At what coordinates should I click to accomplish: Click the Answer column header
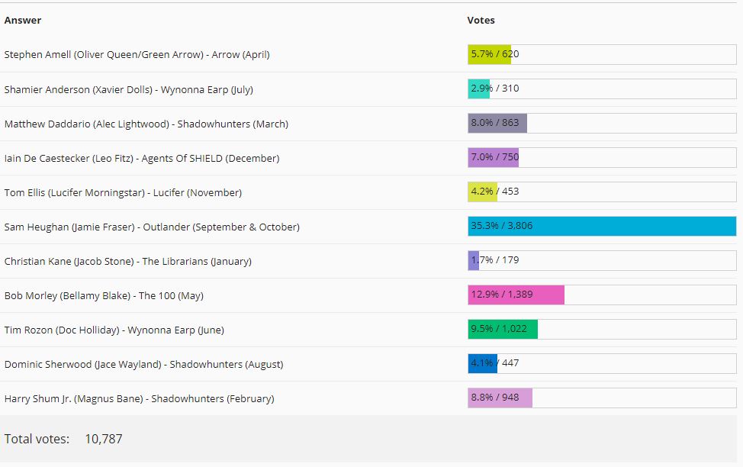tap(23, 21)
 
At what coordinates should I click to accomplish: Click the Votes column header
tap(481, 21)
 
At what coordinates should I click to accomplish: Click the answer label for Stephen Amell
tap(137, 55)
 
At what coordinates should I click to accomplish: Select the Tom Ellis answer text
tap(123, 192)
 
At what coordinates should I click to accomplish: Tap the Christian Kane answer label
tap(127, 261)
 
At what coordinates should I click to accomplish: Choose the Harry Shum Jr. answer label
tap(139, 398)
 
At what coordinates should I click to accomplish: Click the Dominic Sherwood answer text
tap(143, 364)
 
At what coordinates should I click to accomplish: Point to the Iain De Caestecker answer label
tap(142, 158)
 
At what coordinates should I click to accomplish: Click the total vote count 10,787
tap(103, 439)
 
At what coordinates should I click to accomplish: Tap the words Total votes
tap(37, 439)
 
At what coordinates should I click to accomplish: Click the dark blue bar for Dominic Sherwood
tap(482, 364)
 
